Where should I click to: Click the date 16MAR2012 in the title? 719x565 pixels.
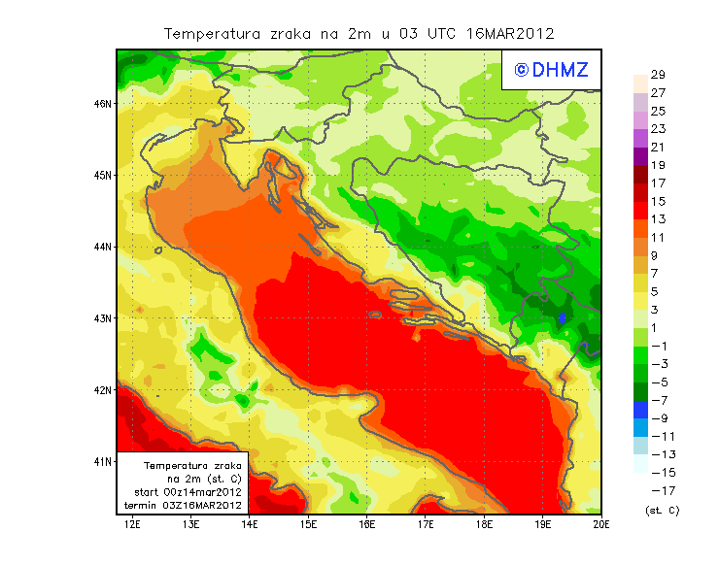pyautogui.click(x=510, y=33)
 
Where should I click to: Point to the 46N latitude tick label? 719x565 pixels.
pyautogui.click(x=102, y=103)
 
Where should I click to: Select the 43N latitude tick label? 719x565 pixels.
pyautogui.click(x=102, y=317)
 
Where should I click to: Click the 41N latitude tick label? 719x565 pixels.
pyautogui.click(x=102, y=461)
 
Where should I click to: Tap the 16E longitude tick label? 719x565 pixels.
pyautogui.click(x=366, y=524)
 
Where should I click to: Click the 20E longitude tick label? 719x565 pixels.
pyautogui.click(x=601, y=524)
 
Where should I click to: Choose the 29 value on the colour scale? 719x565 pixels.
pyautogui.click(x=657, y=75)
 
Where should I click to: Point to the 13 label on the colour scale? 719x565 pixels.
pyautogui.click(x=657, y=219)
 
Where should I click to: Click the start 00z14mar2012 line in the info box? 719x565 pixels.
pyautogui.click(x=187, y=492)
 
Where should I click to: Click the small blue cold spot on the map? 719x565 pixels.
pyautogui.click(x=563, y=317)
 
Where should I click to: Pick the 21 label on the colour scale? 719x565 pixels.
pyautogui.click(x=657, y=147)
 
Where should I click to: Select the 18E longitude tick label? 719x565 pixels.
pyautogui.click(x=484, y=524)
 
